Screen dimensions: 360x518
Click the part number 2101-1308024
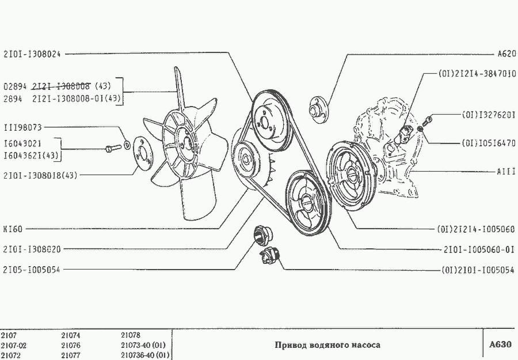click(32, 54)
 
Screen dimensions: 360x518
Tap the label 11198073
click(26, 127)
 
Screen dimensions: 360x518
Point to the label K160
click(13, 229)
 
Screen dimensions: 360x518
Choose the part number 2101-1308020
click(32, 249)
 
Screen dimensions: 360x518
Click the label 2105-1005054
click(32, 270)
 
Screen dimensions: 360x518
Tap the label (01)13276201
click(487, 115)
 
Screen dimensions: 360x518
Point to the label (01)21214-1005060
click(475, 229)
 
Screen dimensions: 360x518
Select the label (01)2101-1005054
click(478, 270)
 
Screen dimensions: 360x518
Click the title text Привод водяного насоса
click(327, 345)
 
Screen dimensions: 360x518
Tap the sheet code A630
click(500, 344)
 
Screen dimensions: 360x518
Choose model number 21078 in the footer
click(131, 335)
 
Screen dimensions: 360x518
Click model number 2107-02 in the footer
click(14, 345)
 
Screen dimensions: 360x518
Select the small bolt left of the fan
click(109, 150)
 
